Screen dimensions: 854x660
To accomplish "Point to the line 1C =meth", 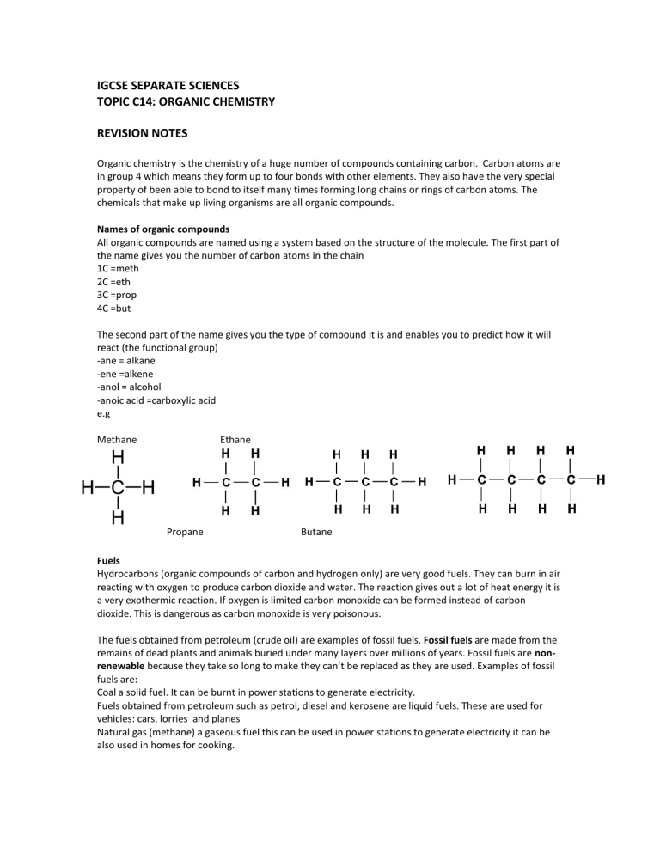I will [x=118, y=268].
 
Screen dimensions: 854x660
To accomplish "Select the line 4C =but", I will [x=116, y=308].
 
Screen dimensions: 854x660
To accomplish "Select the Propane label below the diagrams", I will [x=184, y=532].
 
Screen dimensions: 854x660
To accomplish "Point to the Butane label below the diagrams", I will [x=316, y=532].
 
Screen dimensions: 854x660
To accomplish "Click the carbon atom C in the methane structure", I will [x=118, y=488].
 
